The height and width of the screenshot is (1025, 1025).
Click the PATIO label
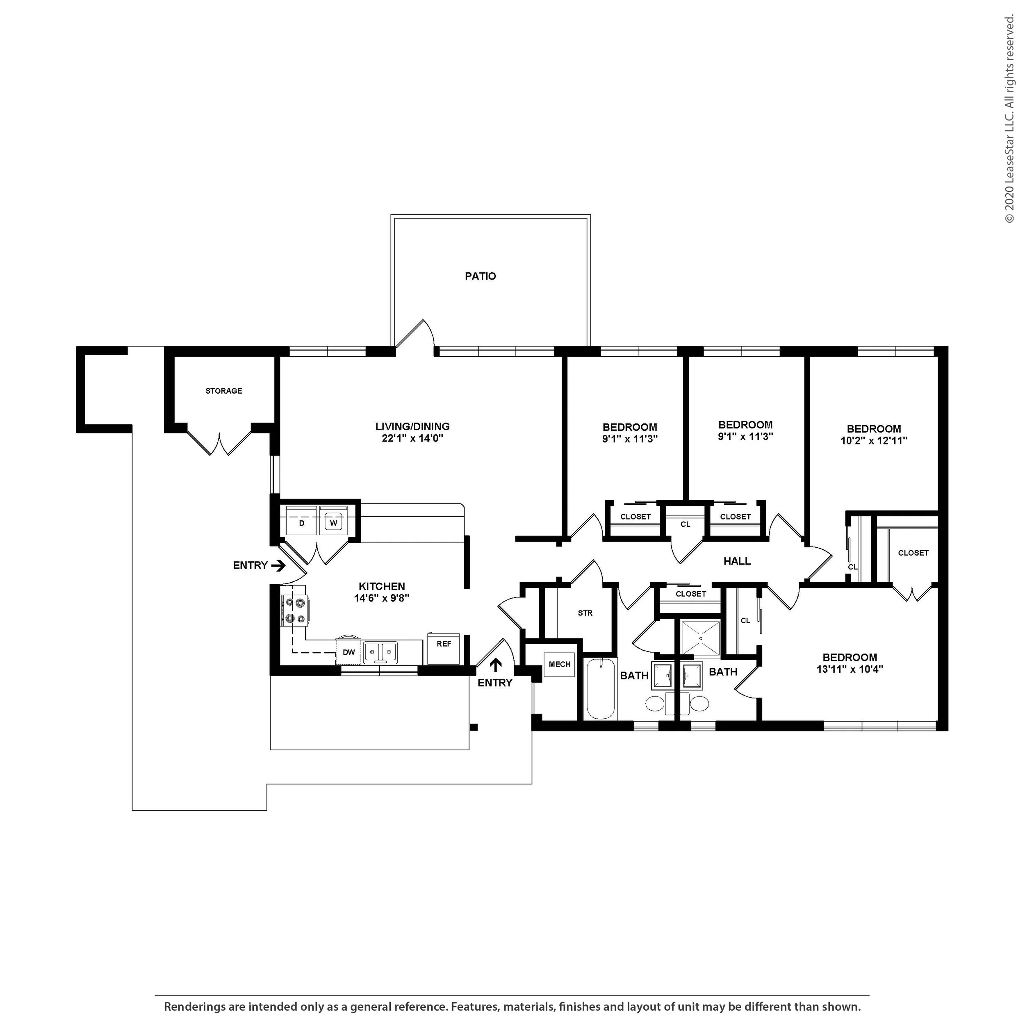coord(480,276)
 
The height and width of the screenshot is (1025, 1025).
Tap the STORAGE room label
coord(223,391)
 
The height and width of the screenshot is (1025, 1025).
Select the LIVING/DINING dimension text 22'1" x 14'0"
coord(412,438)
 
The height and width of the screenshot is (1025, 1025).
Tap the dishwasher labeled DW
coord(348,652)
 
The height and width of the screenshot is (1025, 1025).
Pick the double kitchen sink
coord(380,651)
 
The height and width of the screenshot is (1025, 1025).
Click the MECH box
coord(560,664)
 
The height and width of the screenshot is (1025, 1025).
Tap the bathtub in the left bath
coord(601,689)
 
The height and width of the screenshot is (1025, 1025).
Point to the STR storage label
coord(585,613)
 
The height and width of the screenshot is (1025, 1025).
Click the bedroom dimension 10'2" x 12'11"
coord(874,440)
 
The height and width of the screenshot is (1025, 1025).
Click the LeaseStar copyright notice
coord(1009,119)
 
